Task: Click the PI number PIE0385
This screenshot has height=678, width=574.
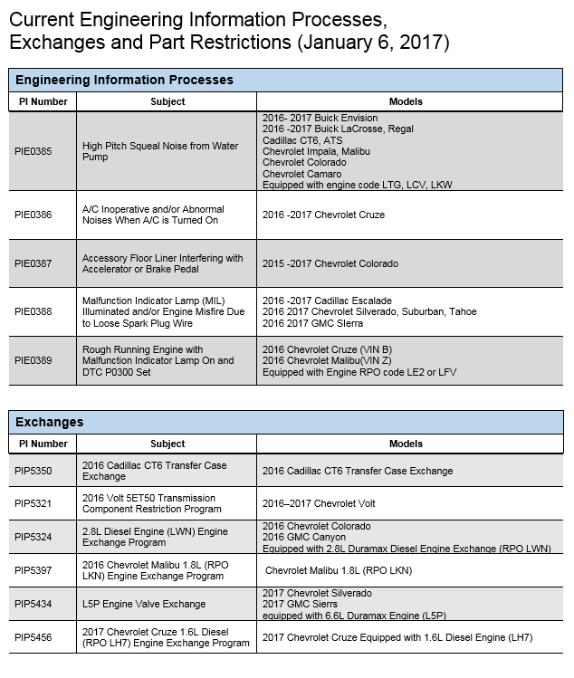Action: (x=33, y=151)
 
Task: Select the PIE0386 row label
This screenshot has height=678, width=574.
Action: (x=33, y=215)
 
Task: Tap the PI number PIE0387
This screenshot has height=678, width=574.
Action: (x=33, y=263)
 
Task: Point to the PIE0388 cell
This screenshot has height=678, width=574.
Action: (x=33, y=311)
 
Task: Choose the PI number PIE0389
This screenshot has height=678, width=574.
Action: (x=33, y=360)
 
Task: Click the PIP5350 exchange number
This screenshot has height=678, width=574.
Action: (x=33, y=471)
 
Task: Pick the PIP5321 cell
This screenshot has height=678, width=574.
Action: (x=33, y=503)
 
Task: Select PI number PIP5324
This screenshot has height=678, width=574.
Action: (x=33, y=537)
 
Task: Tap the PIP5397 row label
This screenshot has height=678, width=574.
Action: (x=33, y=570)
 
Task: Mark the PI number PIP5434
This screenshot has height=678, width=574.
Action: (x=33, y=604)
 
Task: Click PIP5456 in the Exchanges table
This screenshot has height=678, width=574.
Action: (x=33, y=637)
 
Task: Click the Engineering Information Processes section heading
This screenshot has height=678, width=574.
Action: (x=124, y=80)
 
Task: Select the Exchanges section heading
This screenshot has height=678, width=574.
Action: (x=50, y=422)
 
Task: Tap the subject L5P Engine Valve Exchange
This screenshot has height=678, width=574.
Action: (x=144, y=604)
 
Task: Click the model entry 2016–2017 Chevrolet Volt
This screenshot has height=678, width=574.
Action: (x=319, y=503)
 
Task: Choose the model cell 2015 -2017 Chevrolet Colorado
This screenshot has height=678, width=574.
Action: (x=330, y=263)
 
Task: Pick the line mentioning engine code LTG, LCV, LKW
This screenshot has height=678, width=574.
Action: (x=357, y=185)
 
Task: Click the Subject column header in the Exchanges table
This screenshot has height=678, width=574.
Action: (x=167, y=444)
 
